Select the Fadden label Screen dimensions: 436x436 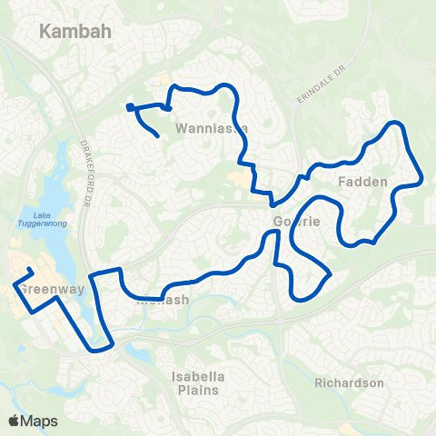click(x=362, y=182)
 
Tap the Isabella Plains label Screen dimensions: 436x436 click(x=197, y=383)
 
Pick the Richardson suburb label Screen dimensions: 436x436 click(x=349, y=383)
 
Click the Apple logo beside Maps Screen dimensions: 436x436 click(x=15, y=421)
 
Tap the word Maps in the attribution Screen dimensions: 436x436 click(x=40, y=421)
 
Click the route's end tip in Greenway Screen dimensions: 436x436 click(x=32, y=271)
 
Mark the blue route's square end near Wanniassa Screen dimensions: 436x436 click(x=131, y=107)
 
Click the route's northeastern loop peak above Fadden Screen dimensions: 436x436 click(x=396, y=123)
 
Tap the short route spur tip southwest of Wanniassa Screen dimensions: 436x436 click(x=160, y=136)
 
